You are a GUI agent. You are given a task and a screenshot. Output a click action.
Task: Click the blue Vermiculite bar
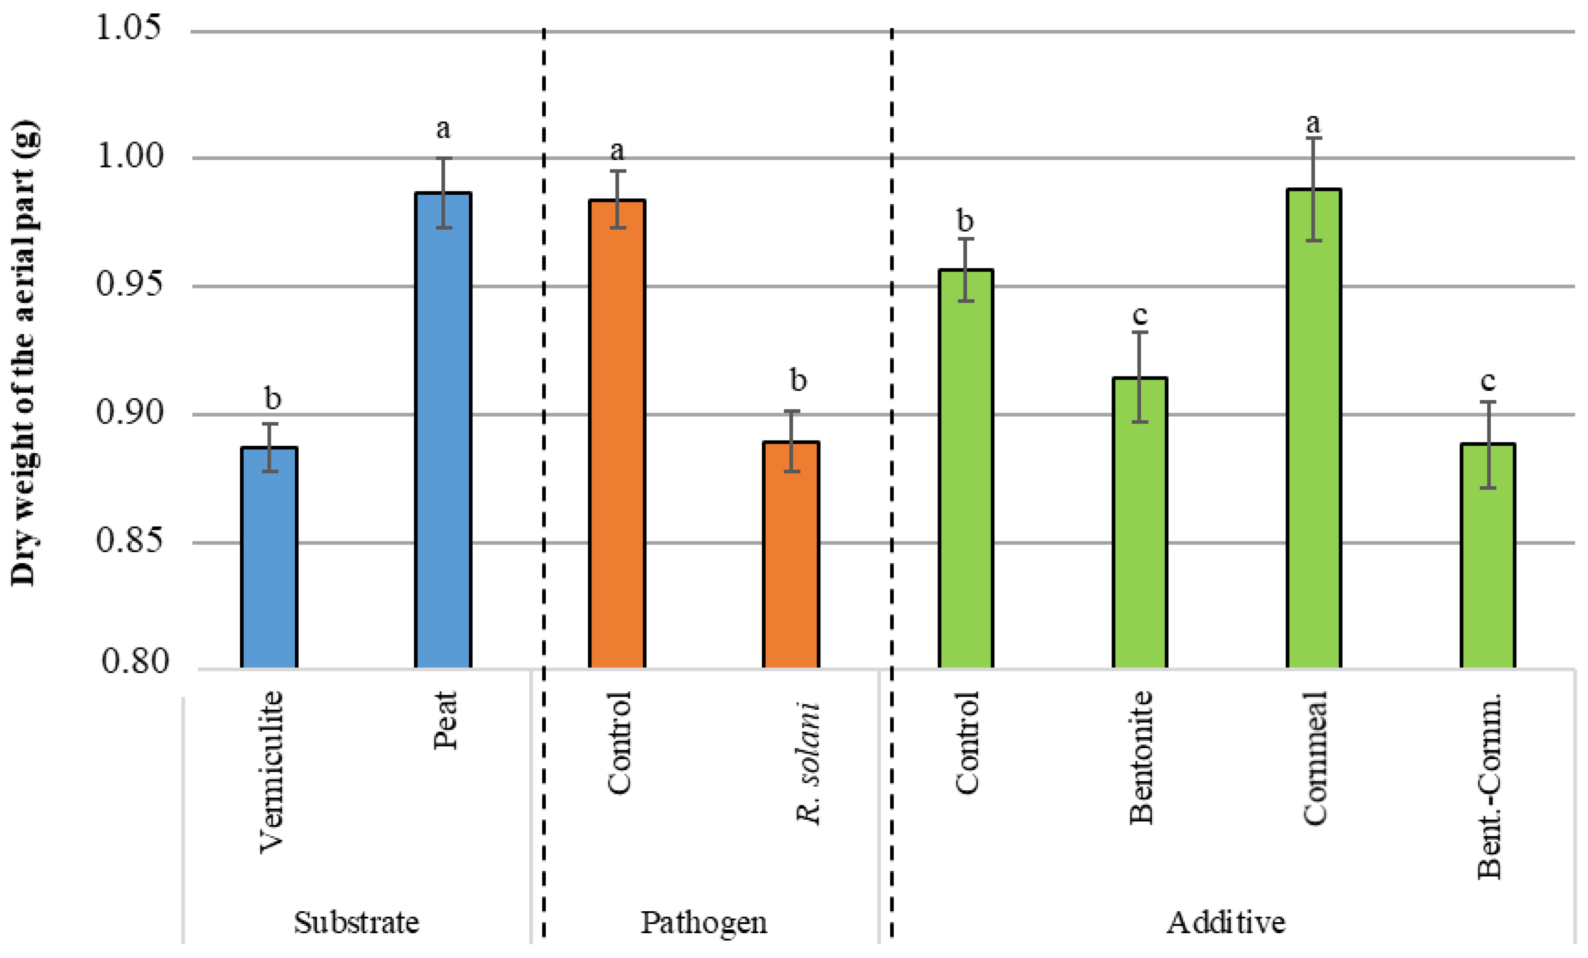(269, 558)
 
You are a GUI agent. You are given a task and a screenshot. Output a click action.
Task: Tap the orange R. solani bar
(791, 555)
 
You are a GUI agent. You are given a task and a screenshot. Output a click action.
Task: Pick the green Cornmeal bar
(1313, 429)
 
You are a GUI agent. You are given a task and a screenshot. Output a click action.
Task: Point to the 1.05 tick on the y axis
(128, 28)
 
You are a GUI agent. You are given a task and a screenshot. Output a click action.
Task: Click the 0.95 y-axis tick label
(128, 284)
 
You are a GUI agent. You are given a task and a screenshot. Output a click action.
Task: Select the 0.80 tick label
(134, 661)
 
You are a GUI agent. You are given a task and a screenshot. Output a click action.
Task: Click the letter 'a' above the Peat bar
(443, 130)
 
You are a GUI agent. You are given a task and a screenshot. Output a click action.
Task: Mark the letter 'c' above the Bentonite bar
(1139, 316)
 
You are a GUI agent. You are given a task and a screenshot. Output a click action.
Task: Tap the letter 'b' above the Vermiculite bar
(273, 398)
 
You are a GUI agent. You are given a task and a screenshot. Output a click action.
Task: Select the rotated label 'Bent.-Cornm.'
(1489, 787)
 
